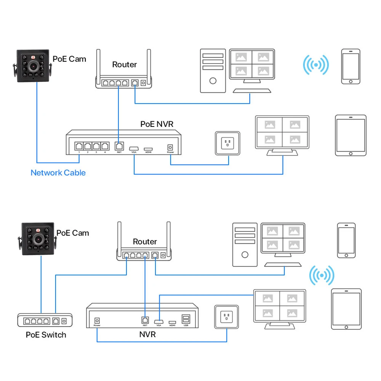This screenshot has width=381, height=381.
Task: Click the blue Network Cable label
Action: tap(58, 173)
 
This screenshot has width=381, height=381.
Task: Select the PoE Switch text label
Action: tap(46, 335)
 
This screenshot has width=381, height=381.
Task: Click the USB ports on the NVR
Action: tap(186, 319)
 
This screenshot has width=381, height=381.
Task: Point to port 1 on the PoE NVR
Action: tap(79, 146)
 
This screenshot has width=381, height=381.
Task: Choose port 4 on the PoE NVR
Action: tap(105, 146)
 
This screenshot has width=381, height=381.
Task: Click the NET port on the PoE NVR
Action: tap(119, 146)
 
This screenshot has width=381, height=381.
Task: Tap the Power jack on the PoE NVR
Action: tap(170, 147)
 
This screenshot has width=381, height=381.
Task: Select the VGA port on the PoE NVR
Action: tap(134, 147)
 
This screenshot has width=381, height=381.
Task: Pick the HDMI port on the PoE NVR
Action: tap(148, 148)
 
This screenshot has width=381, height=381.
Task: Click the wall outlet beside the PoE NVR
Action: tap(228, 143)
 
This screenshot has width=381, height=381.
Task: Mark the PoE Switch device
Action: tap(45, 320)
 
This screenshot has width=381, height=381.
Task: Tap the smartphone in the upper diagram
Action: tap(351, 66)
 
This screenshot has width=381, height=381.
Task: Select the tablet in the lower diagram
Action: tap(346, 309)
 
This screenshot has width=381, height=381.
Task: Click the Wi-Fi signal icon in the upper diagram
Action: tap(316, 65)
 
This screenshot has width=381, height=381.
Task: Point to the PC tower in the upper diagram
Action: tap(213, 70)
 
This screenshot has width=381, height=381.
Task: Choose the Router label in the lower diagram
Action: tap(145, 242)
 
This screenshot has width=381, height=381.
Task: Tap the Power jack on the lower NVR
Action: tap(97, 321)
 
